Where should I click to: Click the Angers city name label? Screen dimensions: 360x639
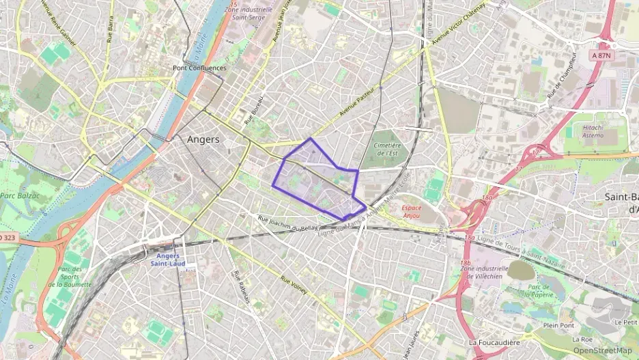point(203,139)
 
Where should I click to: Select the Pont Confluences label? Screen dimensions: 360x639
point(199,68)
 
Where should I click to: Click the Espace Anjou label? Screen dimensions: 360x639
point(411,210)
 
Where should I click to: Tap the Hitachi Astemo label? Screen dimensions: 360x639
point(593,131)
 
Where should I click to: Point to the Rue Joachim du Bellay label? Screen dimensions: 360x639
point(288,223)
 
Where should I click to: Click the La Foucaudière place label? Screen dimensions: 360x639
point(495,342)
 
